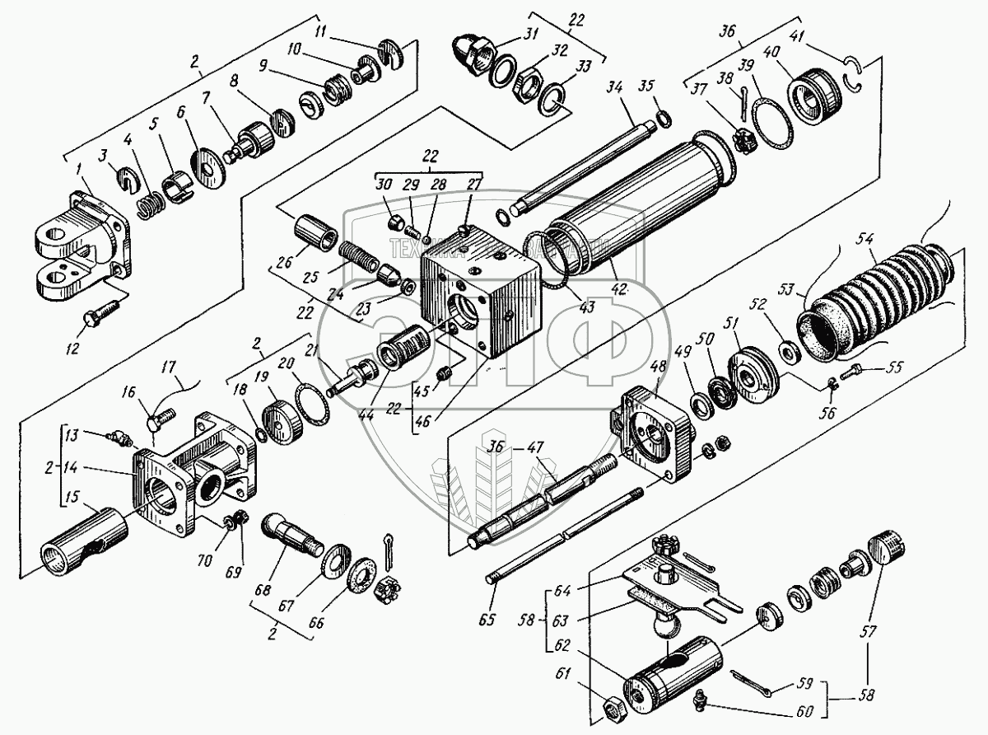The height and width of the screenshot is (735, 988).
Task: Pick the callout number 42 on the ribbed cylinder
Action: [x=619, y=290]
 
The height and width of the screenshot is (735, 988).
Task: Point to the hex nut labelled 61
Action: [x=614, y=706]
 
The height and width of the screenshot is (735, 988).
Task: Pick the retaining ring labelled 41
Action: [x=852, y=79]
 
